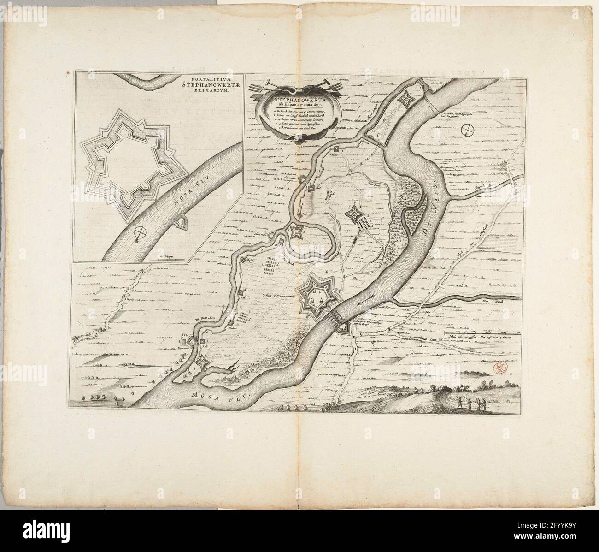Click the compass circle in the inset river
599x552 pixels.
(138, 232)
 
